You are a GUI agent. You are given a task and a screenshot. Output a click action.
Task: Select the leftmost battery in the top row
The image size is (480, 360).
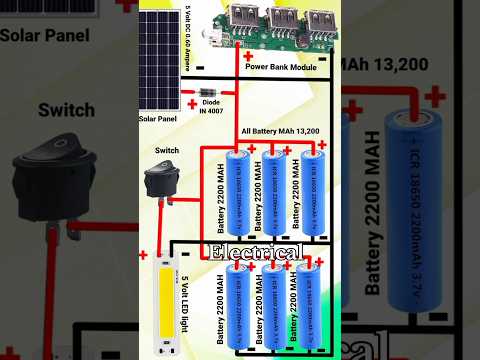pyautogui.click(x=238, y=192)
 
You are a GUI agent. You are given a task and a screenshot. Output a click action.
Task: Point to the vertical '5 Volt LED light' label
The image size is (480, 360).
pyautogui.click(x=184, y=300)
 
